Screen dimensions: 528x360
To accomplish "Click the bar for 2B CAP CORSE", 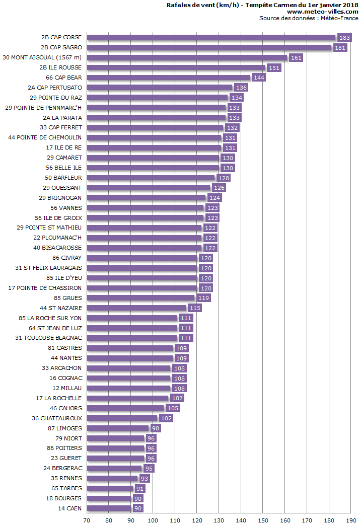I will pos(211,37).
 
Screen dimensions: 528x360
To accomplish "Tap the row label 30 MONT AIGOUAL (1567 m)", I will pos(42,57).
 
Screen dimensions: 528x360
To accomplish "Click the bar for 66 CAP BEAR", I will pos(169,78).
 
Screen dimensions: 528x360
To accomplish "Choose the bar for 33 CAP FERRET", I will pos(155,127).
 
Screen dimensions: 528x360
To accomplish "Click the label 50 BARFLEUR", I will pos(63,178).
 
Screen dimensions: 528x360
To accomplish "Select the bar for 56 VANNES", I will pos(146,207).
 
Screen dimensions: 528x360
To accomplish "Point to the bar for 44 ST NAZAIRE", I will pos(136,308).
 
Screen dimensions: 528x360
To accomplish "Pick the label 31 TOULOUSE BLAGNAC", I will pos(48,338).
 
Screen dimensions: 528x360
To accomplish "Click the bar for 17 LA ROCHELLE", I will pos(128,398).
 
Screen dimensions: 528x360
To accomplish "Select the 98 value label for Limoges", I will pos(155,428).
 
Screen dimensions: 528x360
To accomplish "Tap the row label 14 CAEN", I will pos(70,508).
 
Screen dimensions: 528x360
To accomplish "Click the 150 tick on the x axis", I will pos(263,520).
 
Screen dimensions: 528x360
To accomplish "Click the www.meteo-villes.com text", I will pos(322,12).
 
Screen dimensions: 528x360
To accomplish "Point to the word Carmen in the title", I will pos(282,5).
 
